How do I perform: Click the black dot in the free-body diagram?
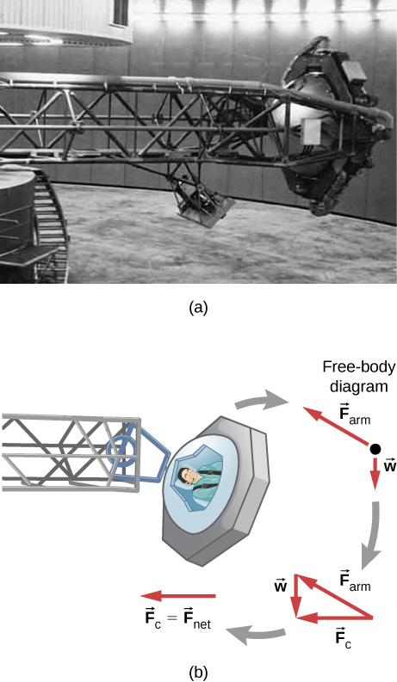pos(375,449)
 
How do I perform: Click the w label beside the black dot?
pos(389,465)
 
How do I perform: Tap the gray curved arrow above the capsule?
pos(262,402)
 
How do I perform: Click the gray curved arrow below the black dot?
pos(375,537)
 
